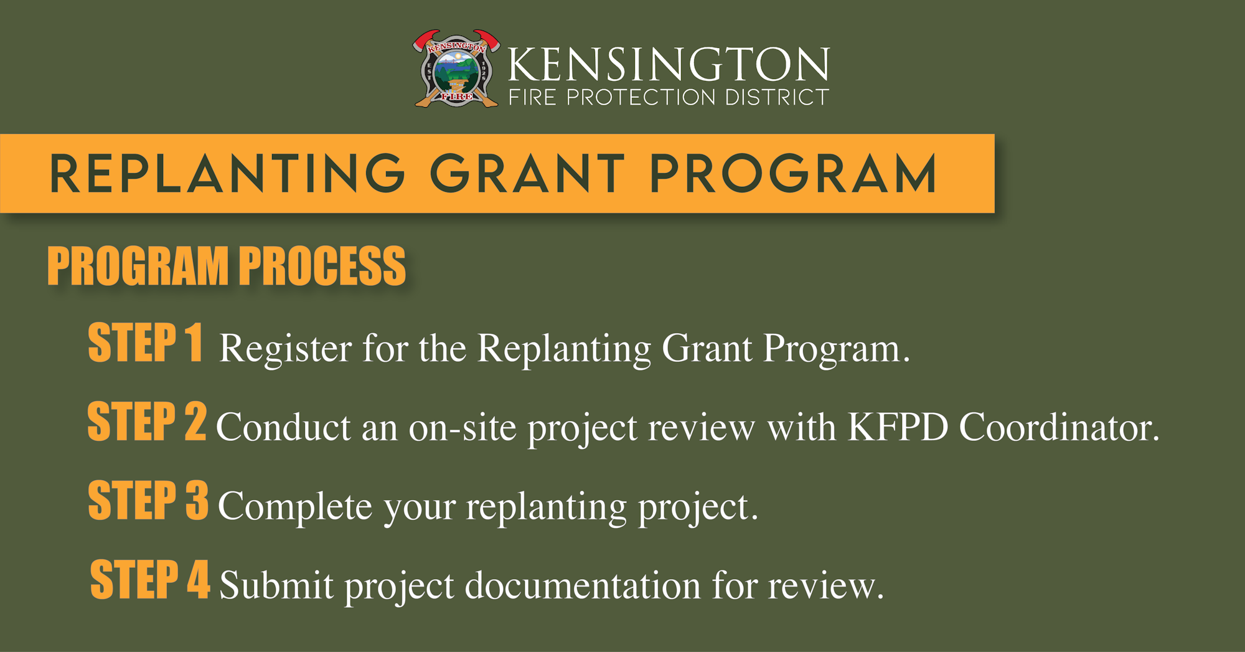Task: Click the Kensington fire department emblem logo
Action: point(456,69)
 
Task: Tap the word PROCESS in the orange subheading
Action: point(322,266)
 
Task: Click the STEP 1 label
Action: point(146,342)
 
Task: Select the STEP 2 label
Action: point(147,421)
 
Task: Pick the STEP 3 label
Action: point(148,499)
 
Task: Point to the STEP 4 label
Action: point(150,579)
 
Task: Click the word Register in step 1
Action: point(286,349)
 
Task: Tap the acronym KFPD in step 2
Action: point(898,427)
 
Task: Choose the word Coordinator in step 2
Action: point(1059,427)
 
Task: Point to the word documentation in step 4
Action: point(583,586)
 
